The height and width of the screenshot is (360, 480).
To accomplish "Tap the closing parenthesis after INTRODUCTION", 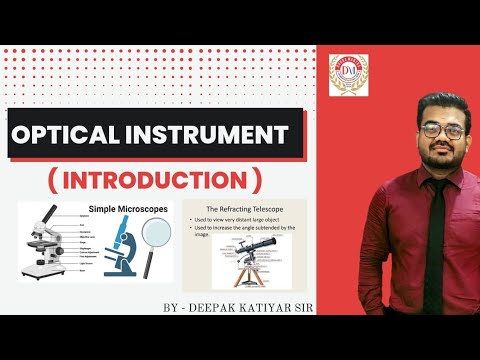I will (258, 181).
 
